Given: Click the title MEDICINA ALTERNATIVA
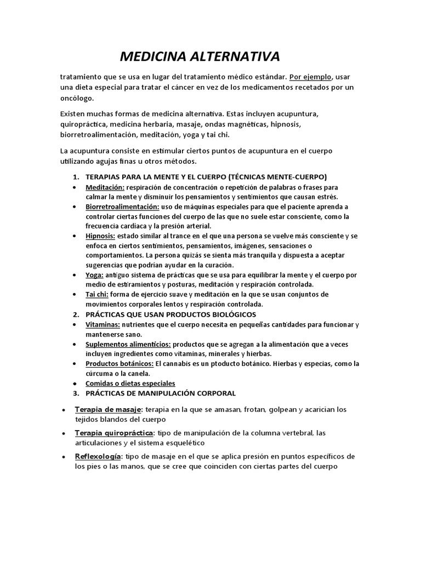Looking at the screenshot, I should pyautogui.click(x=200, y=56).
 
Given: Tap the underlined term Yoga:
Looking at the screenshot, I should pyautogui.click(x=94, y=275).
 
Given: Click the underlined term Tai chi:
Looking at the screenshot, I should pyautogui.click(x=97, y=294).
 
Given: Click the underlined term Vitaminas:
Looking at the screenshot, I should pyautogui.click(x=103, y=324).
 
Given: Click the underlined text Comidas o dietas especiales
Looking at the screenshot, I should pyautogui.click(x=130, y=383).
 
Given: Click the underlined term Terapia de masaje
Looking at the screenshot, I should pyautogui.click(x=109, y=410).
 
